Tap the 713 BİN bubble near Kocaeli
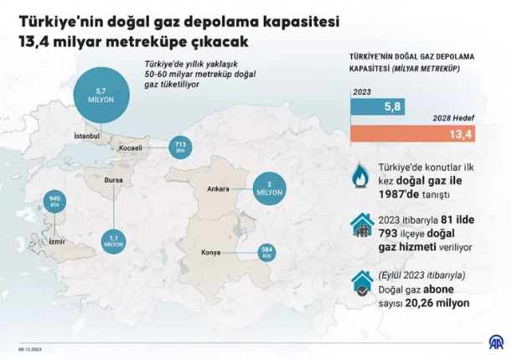click(180, 147)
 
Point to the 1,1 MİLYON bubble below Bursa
click(114, 242)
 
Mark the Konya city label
click(211, 252)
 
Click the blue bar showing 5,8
click(379, 106)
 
